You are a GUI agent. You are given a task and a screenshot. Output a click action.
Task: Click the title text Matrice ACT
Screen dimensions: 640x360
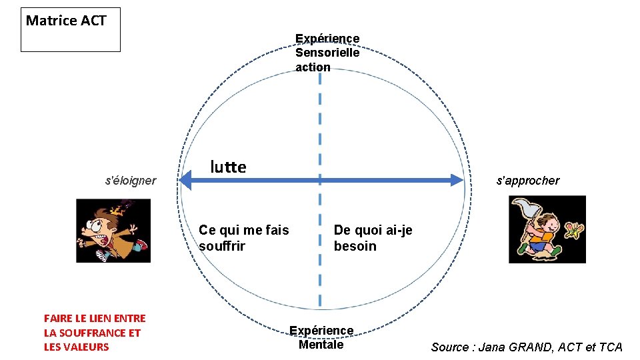[66, 21]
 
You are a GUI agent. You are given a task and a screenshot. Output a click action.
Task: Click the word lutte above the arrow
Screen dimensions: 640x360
[228, 167]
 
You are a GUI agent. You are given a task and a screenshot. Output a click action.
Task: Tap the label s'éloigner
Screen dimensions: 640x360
[131, 181]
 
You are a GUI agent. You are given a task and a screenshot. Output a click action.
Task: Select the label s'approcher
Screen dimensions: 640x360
[527, 181]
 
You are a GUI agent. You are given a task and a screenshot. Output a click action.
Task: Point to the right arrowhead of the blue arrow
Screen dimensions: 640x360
[456, 180]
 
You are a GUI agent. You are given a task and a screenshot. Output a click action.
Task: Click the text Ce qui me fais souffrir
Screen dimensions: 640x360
[244, 238]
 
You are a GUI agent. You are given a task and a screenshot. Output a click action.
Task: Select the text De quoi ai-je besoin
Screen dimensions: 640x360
[373, 238]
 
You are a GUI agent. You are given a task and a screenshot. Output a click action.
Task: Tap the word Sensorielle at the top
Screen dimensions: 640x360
[327, 53]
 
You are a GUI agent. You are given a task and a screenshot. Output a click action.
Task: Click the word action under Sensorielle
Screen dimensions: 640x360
[313, 67]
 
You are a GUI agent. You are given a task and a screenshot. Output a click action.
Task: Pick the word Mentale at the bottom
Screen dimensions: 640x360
[321, 345]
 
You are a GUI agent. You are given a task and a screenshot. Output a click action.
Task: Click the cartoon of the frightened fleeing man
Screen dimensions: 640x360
[113, 231]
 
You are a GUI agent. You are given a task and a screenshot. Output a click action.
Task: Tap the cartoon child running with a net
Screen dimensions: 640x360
[539, 233]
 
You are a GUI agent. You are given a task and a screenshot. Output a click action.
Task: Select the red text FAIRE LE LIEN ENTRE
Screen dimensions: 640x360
[94, 319]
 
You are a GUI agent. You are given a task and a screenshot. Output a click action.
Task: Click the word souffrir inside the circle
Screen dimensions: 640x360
[222, 246]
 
